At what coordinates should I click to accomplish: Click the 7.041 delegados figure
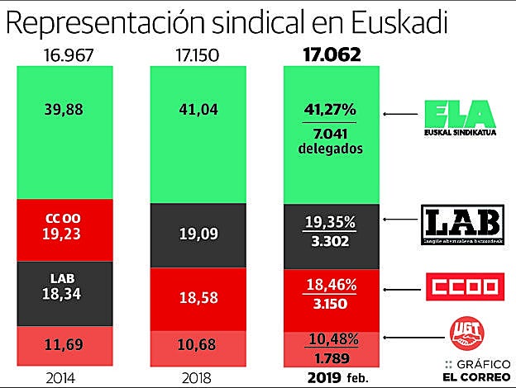tap(331, 140)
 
